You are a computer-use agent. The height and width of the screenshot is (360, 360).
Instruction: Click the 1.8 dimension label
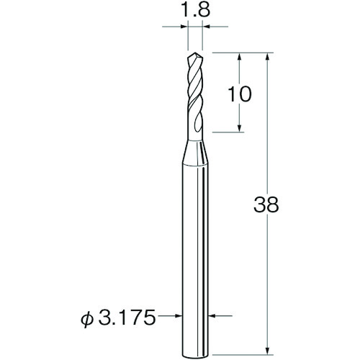point(194,10)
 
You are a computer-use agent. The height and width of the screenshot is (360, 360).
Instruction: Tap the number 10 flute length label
point(239,94)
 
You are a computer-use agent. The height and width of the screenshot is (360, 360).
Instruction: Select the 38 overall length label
point(266,204)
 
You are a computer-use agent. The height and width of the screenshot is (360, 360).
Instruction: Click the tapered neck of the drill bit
point(194,153)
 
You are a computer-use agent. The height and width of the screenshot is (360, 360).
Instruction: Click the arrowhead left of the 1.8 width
point(184,27)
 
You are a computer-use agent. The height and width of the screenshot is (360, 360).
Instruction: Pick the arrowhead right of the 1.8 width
point(207,27)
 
